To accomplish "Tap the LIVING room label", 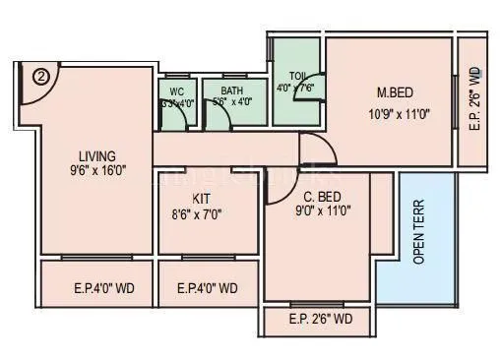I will (x=97, y=155).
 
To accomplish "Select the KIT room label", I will (x=202, y=197).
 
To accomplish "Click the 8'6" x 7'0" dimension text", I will (x=202, y=211).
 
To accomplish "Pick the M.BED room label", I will (x=394, y=93).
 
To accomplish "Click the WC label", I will (x=177, y=90).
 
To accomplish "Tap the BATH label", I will (x=233, y=90).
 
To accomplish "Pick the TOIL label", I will (x=298, y=76).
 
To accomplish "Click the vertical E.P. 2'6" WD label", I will (x=473, y=98).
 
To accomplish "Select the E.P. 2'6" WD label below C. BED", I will (x=321, y=319).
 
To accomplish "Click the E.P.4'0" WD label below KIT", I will (x=207, y=289).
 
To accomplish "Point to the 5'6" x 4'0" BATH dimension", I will (x=233, y=101).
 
